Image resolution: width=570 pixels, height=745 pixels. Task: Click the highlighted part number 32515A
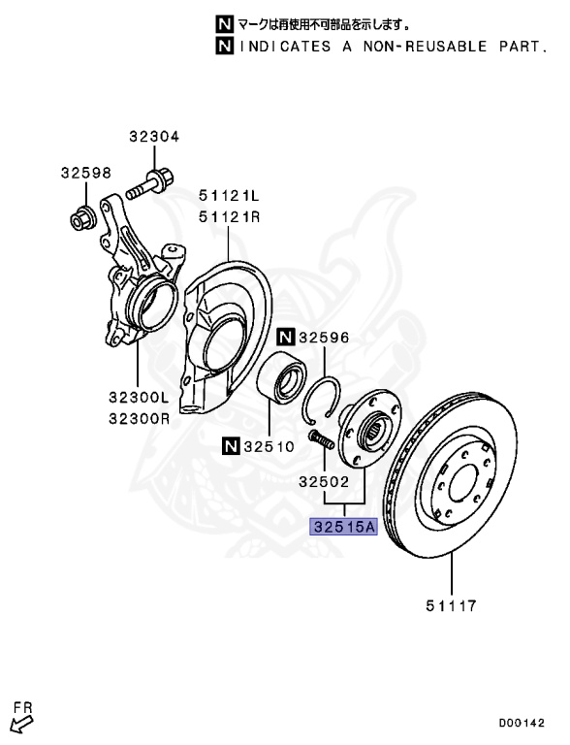coord(343,527)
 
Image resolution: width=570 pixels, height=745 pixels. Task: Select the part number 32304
coord(154,137)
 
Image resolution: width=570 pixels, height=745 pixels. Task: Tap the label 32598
coord(86,173)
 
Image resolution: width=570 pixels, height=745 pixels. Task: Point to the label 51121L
coord(230,195)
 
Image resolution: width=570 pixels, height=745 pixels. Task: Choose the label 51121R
coord(230,217)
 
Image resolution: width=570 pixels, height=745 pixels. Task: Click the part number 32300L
coord(140,397)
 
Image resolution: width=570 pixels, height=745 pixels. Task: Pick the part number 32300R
coord(140,419)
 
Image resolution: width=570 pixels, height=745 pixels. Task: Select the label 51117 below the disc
coord(451,605)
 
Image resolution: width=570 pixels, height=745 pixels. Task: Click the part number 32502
coord(324,482)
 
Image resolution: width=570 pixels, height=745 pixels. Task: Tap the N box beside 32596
coord(286,338)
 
